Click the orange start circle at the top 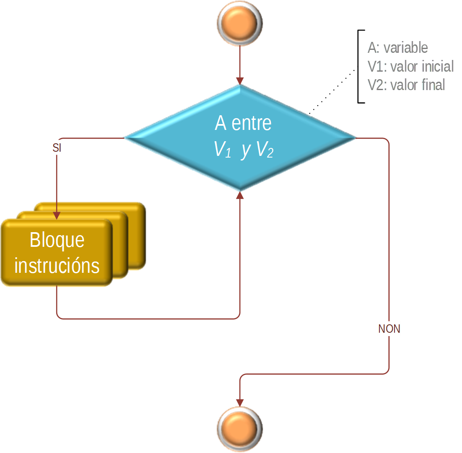tap(239, 23)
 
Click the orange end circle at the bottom tap(239, 429)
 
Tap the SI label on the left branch tap(57, 148)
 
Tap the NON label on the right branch tap(389, 329)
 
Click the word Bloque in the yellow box tap(57, 240)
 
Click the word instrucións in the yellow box tap(57, 266)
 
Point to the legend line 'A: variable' tap(398, 48)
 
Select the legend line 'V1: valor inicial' tap(410, 66)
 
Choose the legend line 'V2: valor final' tap(406, 85)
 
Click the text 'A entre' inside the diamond tap(243, 123)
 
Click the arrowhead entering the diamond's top tap(240, 80)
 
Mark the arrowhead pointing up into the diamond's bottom tap(240, 196)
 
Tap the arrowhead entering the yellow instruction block tap(57, 215)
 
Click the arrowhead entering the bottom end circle tap(240, 401)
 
